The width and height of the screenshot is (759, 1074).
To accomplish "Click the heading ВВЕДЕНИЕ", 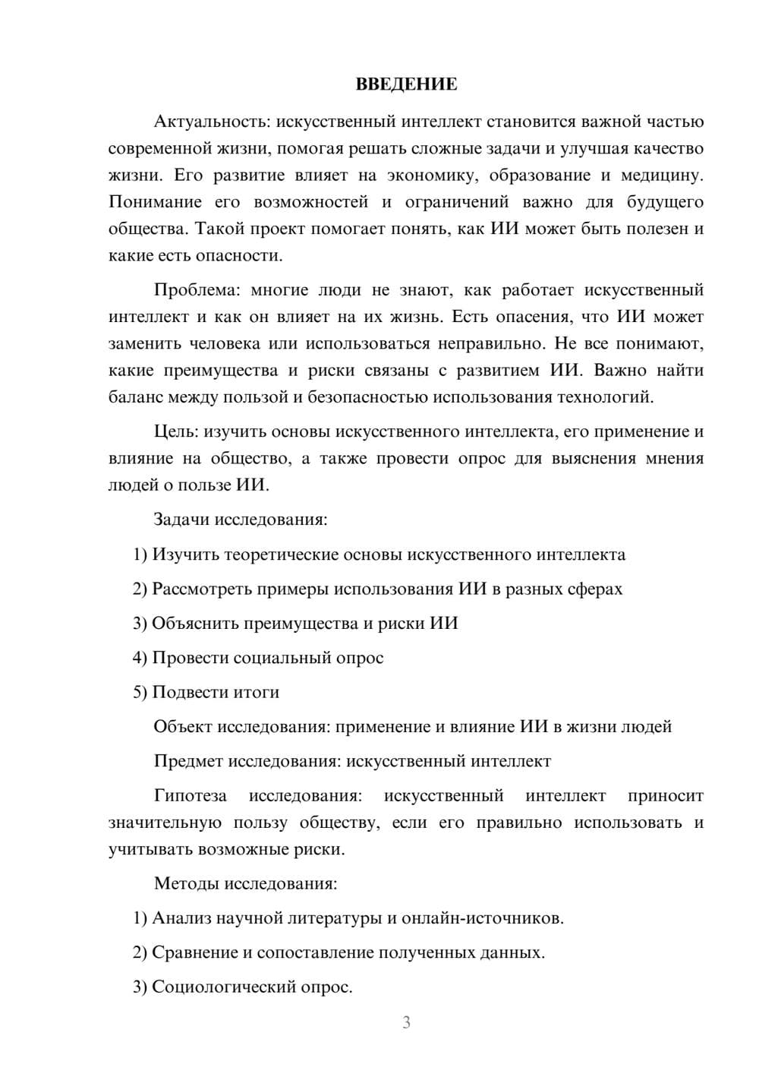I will [x=406, y=84].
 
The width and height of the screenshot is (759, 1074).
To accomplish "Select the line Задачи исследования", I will [x=241, y=520].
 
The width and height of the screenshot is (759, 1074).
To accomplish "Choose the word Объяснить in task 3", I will [x=195, y=624].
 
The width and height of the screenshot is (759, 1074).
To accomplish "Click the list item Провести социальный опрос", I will [x=258, y=658].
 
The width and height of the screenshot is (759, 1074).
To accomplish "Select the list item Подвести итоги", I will [x=206, y=693].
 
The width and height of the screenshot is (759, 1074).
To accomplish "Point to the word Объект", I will [x=183, y=727].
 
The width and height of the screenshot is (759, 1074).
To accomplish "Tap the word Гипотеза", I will [x=191, y=796].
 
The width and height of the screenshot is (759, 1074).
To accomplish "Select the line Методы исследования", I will [x=245, y=883].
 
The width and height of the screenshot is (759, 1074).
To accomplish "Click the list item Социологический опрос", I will [x=243, y=987].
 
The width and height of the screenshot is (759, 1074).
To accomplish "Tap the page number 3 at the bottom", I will [x=406, y=1022].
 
